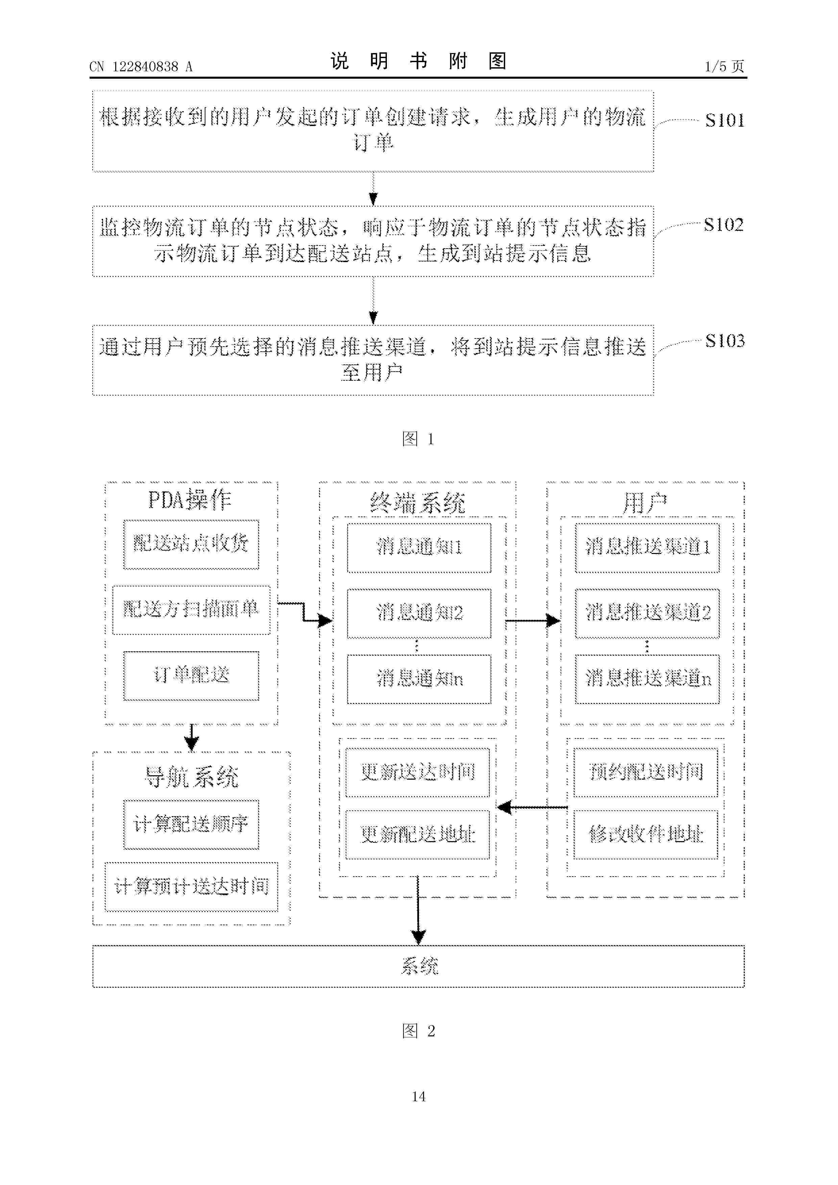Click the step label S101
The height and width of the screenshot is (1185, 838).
[724, 120]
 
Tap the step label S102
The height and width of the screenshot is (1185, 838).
[723, 225]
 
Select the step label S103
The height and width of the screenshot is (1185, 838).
[725, 341]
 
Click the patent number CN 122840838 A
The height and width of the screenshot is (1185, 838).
[141, 67]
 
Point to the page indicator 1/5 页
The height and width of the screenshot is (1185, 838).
[724, 66]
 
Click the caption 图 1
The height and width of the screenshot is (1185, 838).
[418, 439]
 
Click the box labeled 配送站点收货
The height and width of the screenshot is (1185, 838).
[191, 545]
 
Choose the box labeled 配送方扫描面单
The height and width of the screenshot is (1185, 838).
[191, 609]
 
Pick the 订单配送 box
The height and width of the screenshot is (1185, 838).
[191, 676]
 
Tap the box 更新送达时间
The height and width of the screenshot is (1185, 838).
[418, 772]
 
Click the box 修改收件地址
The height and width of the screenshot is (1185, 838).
[646, 835]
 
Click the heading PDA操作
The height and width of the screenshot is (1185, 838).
[190, 500]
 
